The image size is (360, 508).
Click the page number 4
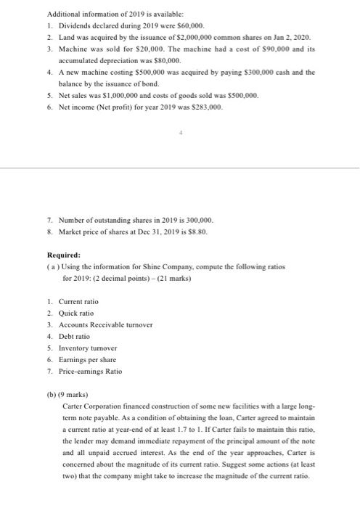pyautogui.click(x=180, y=132)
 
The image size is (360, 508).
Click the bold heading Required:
pyautogui.click(x=62, y=255)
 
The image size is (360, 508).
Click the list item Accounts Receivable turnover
pyautogui.click(x=108, y=324)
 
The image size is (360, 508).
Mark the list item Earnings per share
pyautogui.click(x=90, y=359)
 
